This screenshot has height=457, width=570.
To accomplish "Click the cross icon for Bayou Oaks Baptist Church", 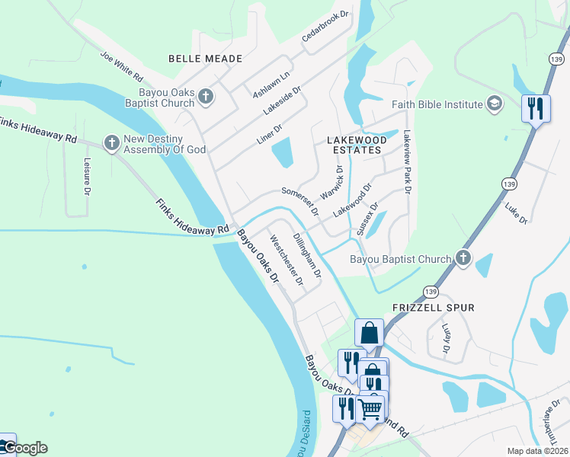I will pos(206,96).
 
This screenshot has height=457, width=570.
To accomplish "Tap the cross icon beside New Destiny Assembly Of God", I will pos(112,142).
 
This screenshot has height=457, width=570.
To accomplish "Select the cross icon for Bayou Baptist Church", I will pos(463,259).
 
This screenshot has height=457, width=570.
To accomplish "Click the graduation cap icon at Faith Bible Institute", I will pos(495,104).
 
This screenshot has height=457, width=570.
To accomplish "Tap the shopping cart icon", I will pos(370,409).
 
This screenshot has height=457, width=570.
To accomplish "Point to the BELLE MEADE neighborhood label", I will pos(205,59).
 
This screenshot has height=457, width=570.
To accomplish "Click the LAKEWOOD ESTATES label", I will pos(354,145).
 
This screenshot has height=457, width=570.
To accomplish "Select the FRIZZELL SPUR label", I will pos(433,308).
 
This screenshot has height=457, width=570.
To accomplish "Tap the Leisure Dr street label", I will pos(88,176).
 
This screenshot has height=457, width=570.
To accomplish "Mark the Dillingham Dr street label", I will pos(307,254).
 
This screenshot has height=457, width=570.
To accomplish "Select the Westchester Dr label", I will pos(287,262).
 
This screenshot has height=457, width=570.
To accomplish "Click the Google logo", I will pos(24,448).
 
